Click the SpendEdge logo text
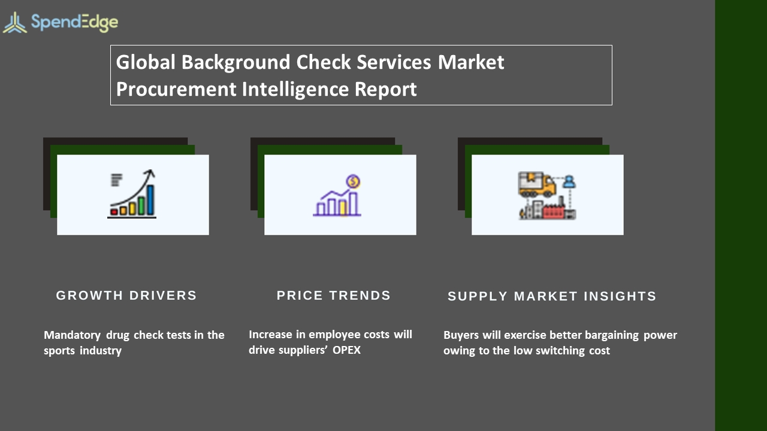pos(74,23)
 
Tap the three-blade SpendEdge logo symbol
pos(15,23)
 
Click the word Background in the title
pos(236,63)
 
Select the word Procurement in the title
pos(176,89)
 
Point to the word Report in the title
pos(385,90)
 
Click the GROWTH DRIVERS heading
pos(126,296)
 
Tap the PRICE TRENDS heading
pos(334,296)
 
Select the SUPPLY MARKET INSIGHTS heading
pos(552,296)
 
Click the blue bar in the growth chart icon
pos(150,200)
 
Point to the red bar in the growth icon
pos(114,212)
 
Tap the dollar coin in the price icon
pos(353,181)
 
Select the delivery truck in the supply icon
pos(536,184)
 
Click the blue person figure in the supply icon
pos(569,181)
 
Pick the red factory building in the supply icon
pos(553,211)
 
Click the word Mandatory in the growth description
pos(73,335)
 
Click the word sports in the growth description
pos(59,351)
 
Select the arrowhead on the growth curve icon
pos(150,173)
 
